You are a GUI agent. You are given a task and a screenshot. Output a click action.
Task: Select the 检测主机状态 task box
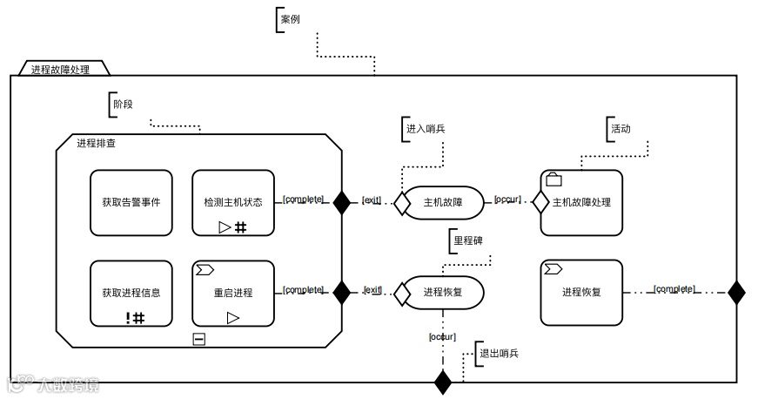tap(232, 202)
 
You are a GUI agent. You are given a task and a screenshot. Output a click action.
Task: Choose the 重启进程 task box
tap(232, 293)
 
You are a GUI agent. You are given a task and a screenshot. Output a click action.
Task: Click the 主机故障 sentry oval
tap(443, 202)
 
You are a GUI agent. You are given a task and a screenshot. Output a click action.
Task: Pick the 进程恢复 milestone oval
tap(443, 293)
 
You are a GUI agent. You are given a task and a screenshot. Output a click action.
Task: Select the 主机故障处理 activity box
tap(581, 202)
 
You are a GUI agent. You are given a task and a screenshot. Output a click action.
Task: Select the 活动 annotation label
tap(620, 128)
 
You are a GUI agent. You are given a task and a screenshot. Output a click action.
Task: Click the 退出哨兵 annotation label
tap(499, 353)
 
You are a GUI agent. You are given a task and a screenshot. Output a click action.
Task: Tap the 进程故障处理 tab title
tap(60, 69)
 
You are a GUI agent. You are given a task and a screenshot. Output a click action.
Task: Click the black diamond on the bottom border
tap(443, 382)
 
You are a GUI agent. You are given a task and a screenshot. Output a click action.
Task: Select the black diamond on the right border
tap(736, 293)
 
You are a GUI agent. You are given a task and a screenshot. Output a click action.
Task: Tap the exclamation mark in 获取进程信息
tap(127, 317)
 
